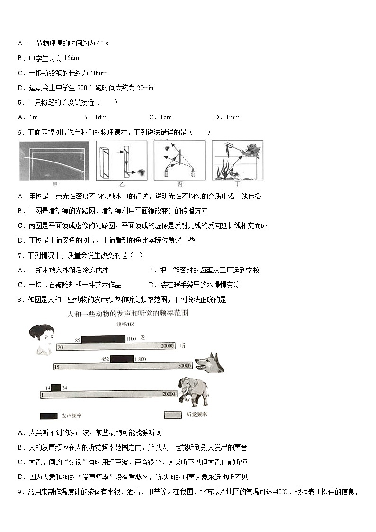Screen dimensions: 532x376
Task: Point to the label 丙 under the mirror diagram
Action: tap(179, 184)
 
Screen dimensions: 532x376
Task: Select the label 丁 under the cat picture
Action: tap(237, 184)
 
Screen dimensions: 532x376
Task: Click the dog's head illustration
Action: tap(208, 363)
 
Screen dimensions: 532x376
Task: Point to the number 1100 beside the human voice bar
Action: tap(131, 339)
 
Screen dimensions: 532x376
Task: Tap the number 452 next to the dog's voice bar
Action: tap(106, 359)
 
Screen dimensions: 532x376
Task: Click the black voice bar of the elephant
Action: tap(56, 388)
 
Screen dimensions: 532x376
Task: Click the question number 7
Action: tap(20, 256)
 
